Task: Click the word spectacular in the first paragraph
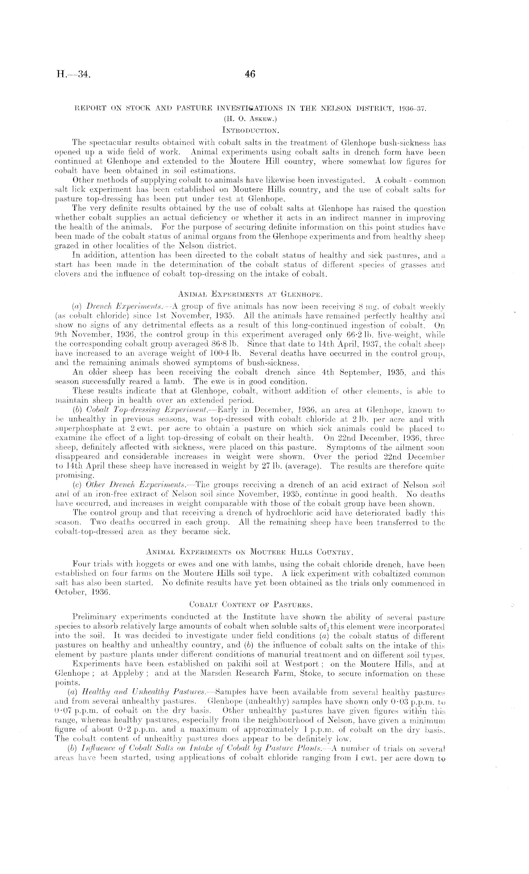(110, 142)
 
